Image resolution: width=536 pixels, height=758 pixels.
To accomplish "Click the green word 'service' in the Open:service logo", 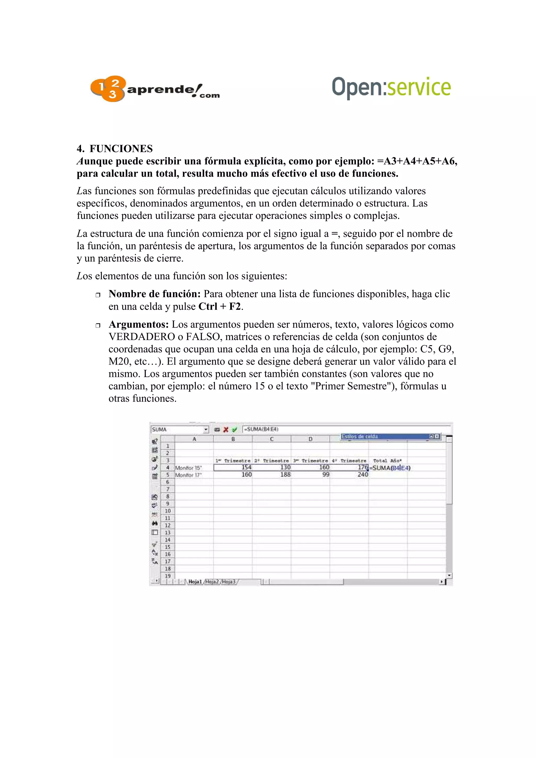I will coord(418,87).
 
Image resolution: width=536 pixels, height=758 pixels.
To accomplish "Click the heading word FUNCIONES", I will coord(121,149).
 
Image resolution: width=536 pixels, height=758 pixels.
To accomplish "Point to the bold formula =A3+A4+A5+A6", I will coord(417,161).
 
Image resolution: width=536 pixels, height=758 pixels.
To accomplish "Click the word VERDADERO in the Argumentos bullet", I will coord(142,337).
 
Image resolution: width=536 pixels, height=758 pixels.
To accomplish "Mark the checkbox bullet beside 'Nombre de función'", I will coord(98,295).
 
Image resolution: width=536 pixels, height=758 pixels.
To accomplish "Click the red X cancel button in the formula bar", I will coord(226,429).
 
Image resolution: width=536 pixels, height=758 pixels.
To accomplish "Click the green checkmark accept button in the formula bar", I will coord(234,429).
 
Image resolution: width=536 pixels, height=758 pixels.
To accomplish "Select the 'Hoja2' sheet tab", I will coord(212,582).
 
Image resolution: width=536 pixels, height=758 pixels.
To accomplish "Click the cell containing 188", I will coord(285,474).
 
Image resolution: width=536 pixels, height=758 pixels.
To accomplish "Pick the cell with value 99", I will coord(326,474).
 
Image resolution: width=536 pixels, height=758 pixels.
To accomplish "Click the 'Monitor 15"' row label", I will coord(188,467).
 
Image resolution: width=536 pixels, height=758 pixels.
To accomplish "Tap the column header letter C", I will coord(271,439).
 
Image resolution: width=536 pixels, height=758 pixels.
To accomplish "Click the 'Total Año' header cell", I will coord(387,461).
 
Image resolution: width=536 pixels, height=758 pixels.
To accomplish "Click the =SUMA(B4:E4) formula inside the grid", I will coord(391,467).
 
